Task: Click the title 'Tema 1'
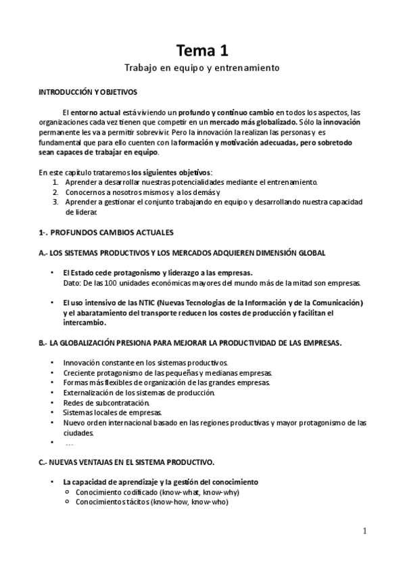click(x=202, y=50)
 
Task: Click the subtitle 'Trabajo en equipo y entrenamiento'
click(x=202, y=68)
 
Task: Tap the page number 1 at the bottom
click(x=365, y=531)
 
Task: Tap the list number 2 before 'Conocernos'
click(x=55, y=192)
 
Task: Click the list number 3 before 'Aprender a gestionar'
click(x=55, y=202)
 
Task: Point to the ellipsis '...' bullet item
click(x=69, y=443)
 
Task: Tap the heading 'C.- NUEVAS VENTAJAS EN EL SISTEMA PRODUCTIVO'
click(x=127, y=462)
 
